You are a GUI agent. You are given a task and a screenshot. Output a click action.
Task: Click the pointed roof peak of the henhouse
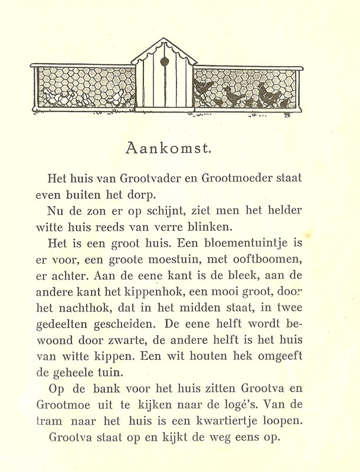click(x=164, y=40)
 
